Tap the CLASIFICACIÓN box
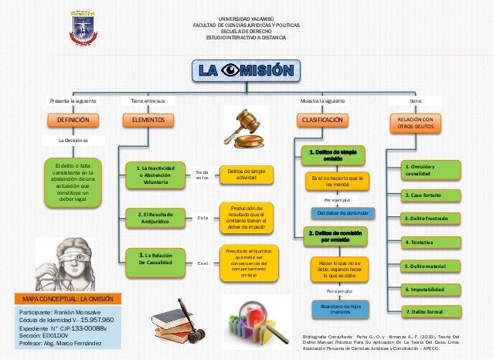(x=322, y=121)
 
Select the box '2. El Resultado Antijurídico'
(x=155, y=217)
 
